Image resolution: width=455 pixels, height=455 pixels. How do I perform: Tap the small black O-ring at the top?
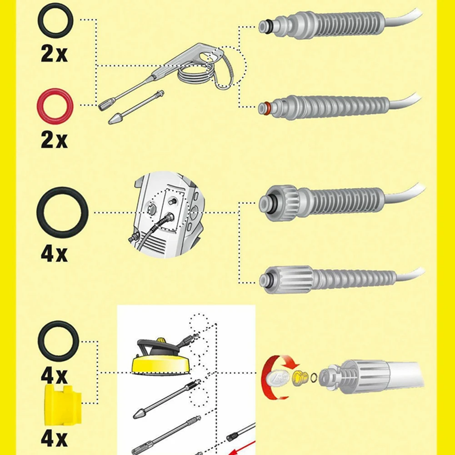[55, 20]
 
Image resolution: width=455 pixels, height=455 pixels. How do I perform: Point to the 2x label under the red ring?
[54, 140]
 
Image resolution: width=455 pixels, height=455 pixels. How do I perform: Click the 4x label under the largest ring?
[54, 253]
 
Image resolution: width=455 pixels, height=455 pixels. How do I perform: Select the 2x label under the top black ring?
[54, 54]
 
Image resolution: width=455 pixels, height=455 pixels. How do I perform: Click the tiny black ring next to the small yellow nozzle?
[312, 377]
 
